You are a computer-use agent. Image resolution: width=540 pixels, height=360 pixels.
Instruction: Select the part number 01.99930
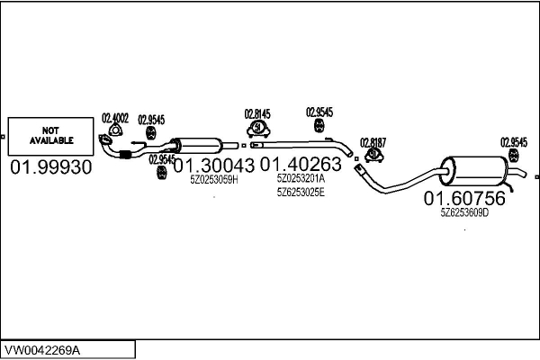coord(51,168)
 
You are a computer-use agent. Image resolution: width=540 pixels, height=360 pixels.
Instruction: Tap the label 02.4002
coord(115,118)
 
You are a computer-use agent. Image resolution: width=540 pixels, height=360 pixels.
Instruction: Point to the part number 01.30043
coord(213,166)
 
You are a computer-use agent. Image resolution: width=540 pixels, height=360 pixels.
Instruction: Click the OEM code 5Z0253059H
coord(213,180)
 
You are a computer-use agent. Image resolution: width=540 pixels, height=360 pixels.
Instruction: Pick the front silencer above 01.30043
coord(202,144)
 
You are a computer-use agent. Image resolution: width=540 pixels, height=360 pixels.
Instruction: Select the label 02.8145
coord(257,114)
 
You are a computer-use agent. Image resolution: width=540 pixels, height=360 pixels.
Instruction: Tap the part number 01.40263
coord(301,166)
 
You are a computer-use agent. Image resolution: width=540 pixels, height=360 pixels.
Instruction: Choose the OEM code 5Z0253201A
coord(301,179)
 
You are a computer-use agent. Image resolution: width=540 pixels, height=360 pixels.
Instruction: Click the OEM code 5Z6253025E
coord(301,192)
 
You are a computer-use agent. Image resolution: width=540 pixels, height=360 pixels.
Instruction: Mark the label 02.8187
coord(373,142)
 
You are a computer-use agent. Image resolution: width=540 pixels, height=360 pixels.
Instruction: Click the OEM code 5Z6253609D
coord(464,213)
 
